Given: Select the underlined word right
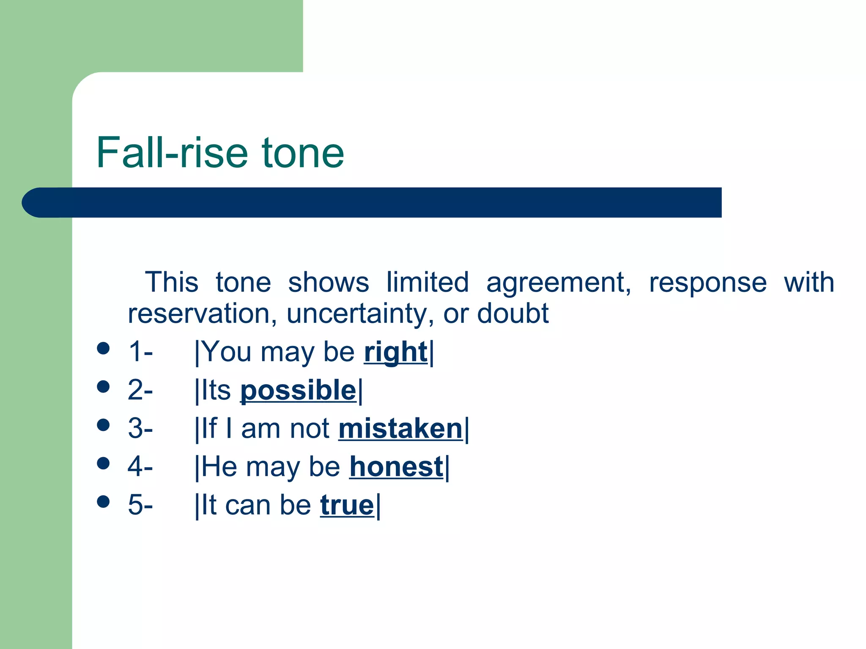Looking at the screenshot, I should click(395, 352).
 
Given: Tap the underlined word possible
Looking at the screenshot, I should click(298, 390).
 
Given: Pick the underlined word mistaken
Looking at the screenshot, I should click(400, 428).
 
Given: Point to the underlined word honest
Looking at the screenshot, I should click(396, 466).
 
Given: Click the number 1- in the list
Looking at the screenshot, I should click(140, 352).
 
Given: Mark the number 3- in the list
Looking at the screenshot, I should click(140, 428).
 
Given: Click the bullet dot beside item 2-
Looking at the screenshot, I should click(103, 386).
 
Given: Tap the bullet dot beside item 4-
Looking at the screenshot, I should click(103, 463).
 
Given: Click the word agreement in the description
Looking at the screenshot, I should click(558, 282).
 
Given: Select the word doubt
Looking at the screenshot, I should click(512, 314).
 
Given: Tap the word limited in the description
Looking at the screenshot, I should click(427, 282).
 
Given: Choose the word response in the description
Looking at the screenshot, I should click(707, 282).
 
